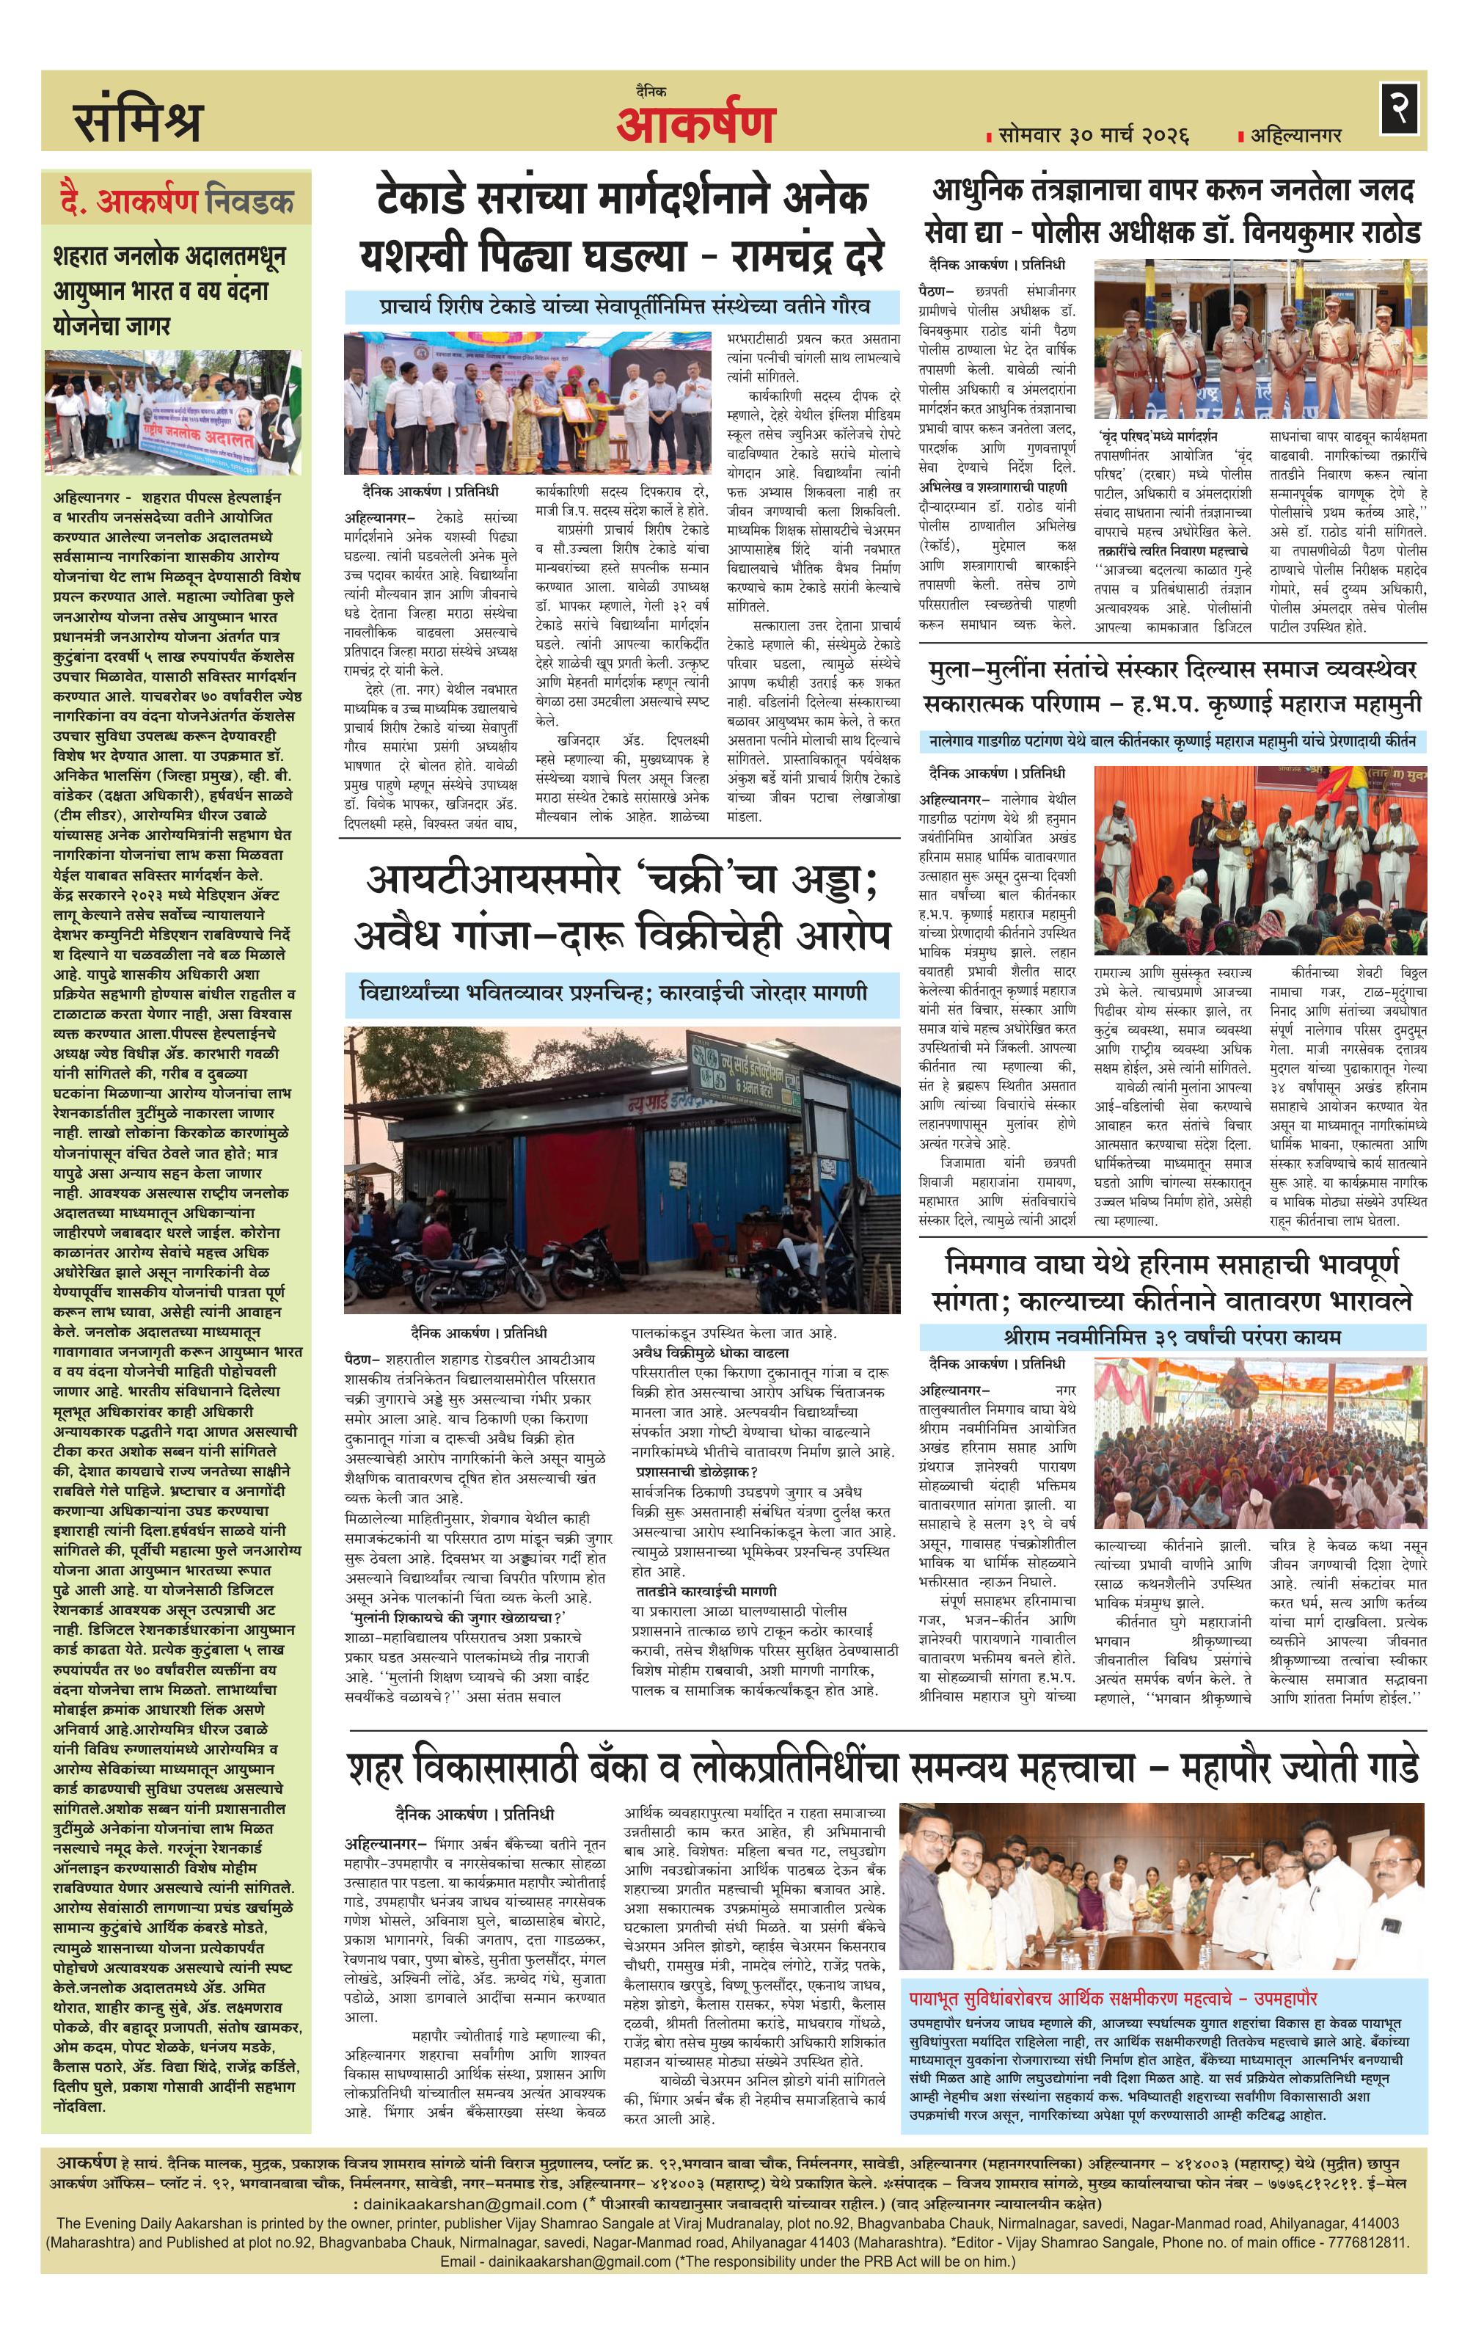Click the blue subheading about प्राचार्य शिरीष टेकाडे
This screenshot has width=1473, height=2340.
click(623, 307)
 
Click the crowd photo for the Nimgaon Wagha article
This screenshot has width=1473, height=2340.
click(1260, 1448)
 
